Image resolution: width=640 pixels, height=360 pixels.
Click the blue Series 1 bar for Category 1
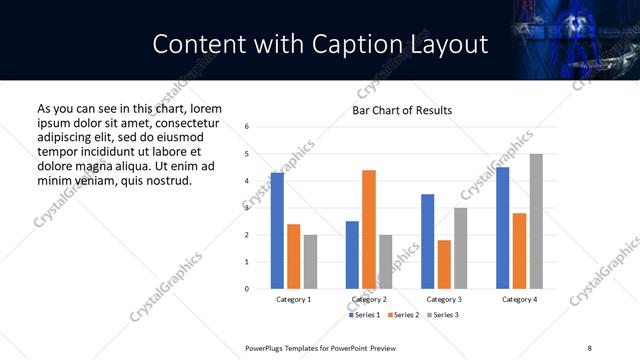[277, 231]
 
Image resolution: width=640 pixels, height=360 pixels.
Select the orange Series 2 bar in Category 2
[369, 229]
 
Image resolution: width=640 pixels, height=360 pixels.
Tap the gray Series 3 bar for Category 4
[536, 221]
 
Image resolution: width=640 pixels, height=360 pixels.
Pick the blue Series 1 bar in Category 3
[427, 241]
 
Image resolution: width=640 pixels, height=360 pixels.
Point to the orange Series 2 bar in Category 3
[444, 264]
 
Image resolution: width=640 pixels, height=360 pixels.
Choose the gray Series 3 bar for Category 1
[310, 262]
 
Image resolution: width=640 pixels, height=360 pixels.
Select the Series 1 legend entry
[364, 314]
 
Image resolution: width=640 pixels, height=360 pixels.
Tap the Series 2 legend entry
[402, 314]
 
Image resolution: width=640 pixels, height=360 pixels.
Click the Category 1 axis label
[293, 299]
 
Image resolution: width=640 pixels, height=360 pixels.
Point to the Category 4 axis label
[519, 299]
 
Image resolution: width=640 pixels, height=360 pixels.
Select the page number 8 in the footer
[590, 347]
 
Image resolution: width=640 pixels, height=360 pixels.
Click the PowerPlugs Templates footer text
[321, 347]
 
